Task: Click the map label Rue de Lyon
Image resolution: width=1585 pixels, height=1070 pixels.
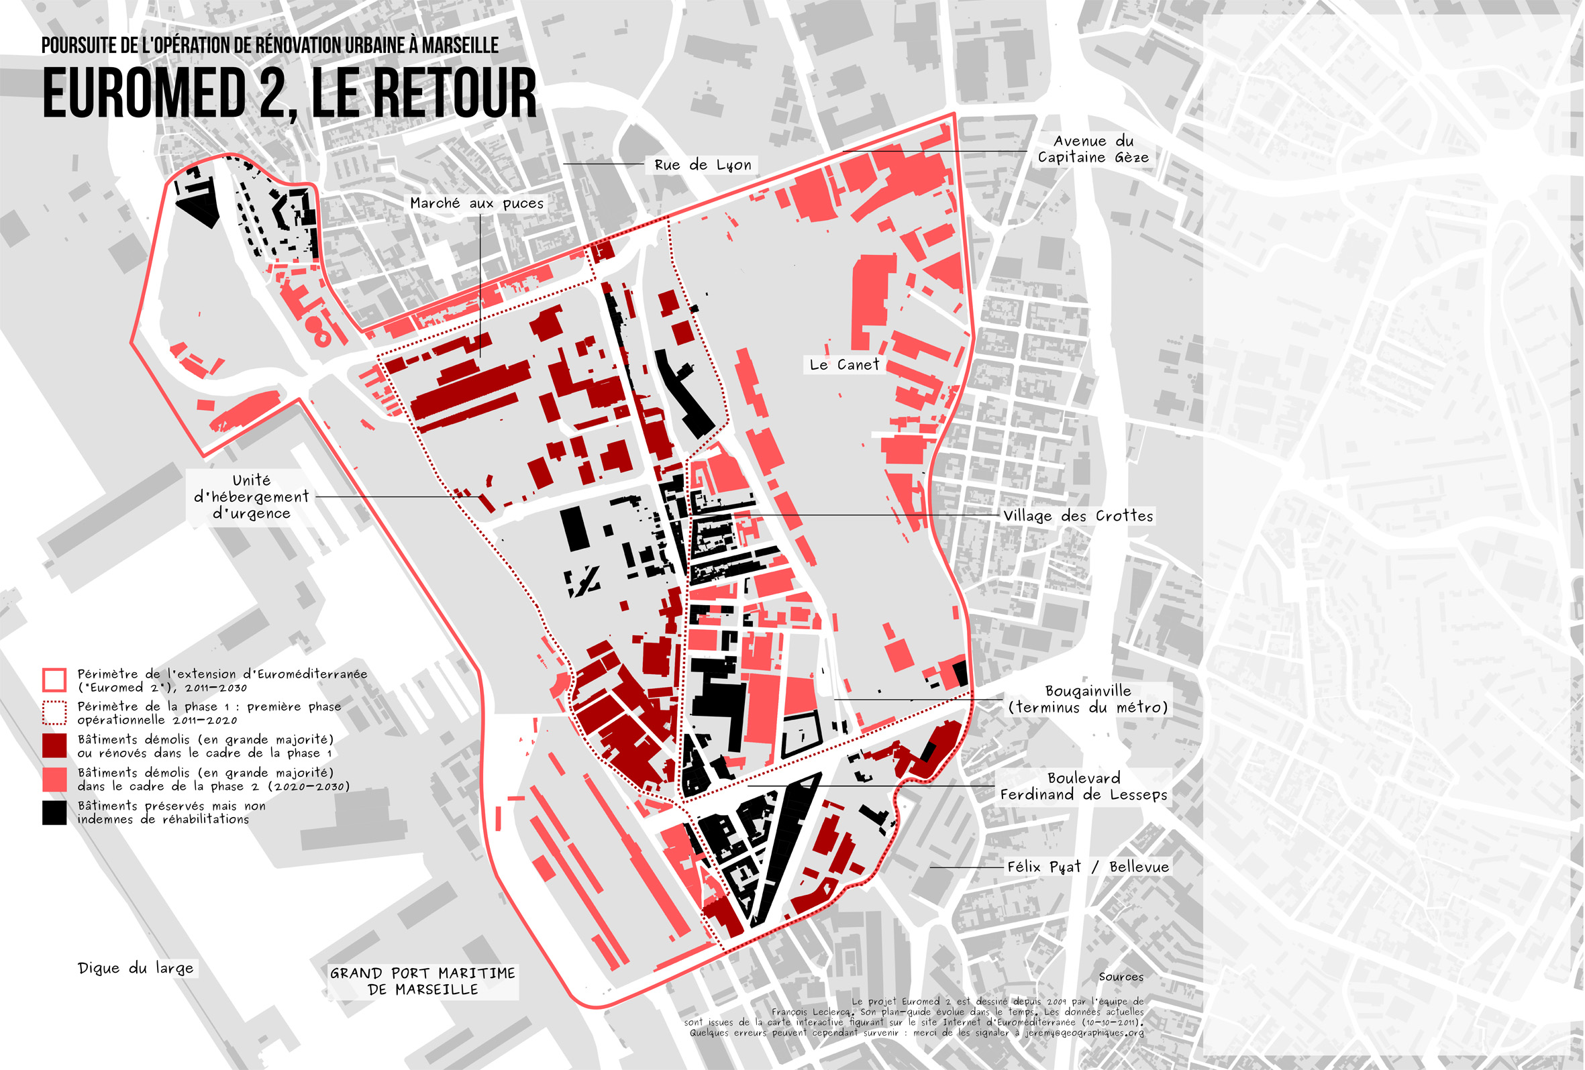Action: pyautogui.click(x=703, y=165)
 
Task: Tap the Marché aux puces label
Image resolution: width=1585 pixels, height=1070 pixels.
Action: pyautogui.click(x=476, y=203)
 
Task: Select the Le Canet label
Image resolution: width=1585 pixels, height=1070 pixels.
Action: pyautogui.click(x=844, y=365)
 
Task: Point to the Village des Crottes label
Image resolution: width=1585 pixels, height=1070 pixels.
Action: pyautogui.click(x=1078, y=517)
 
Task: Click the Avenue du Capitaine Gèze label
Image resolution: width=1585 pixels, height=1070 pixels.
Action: pyautogui.click(x=1093, y=150)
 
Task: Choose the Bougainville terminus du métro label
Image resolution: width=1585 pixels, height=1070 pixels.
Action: pyautogui.click(x=1088, y=700)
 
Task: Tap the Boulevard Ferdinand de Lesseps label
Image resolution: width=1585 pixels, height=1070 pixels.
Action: pyautogui.click(x=1084, y=786)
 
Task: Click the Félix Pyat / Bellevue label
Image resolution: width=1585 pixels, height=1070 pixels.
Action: pyautogui.click(x=1088, y=867)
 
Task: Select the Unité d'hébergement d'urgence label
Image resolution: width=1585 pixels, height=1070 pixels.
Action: pyautogui.click(x=251, y=497)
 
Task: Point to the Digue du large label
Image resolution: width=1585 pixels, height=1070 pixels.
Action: pyautogui.click(x=136, y=969)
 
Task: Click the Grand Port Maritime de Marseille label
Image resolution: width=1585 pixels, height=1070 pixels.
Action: pyautogui.click(x=423, y=981)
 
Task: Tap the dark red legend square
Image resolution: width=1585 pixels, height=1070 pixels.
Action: pyautogui.click(x=54, y=746)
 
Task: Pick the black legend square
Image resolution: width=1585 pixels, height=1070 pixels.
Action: pyautogui.click(x=54, y=813)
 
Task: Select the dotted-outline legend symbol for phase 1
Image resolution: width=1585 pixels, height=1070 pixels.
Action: pyautogui.click(x=54, y=713)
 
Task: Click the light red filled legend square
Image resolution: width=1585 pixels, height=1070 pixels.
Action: pyautogui.click(x=54, y=780)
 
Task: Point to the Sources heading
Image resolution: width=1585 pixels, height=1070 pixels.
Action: pyautogui.click(x=1121, y=977)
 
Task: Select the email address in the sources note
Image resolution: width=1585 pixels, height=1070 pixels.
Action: pyautogui.click(x=1084, y=1032)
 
